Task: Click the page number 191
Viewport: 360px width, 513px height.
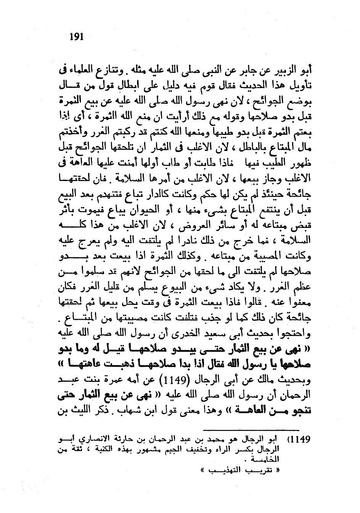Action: [x=77, y=37]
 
